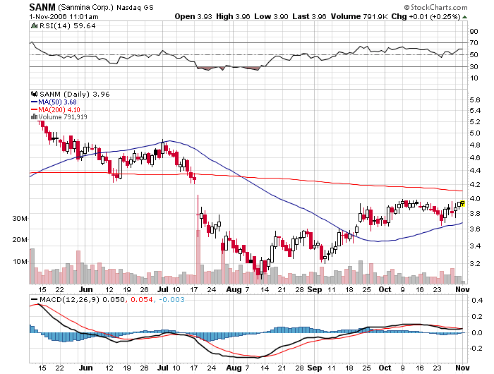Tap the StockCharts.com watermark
(x=451, y=6)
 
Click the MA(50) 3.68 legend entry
(x=58, y=102)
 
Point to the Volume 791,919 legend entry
(x=66, y=117)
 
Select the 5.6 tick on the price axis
(x=474, y=101)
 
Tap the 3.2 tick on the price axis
(x=474, y=263)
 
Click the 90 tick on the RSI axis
(x=474, y=31)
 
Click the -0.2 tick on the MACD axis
(x=475, y=348)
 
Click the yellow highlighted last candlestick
(x=462, y=203)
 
